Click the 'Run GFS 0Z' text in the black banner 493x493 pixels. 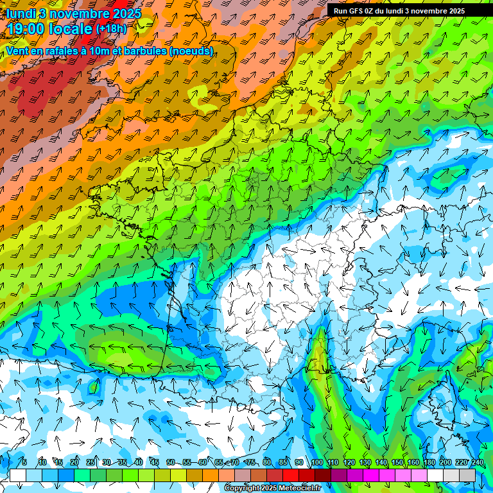(x=355, y=10)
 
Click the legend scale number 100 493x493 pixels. (x=316, y=462)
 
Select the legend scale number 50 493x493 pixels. (x=171, y=462)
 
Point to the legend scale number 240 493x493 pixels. (x=478, y=462)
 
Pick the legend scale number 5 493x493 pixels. (x=24, y=462)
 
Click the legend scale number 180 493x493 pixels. (x=429, y=462)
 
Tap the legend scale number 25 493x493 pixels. (x=91, y=462)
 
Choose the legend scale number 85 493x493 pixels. (x=283, y=462)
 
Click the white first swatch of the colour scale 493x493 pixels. (x=18, y=475)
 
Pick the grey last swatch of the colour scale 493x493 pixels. (x=467, y=475)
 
